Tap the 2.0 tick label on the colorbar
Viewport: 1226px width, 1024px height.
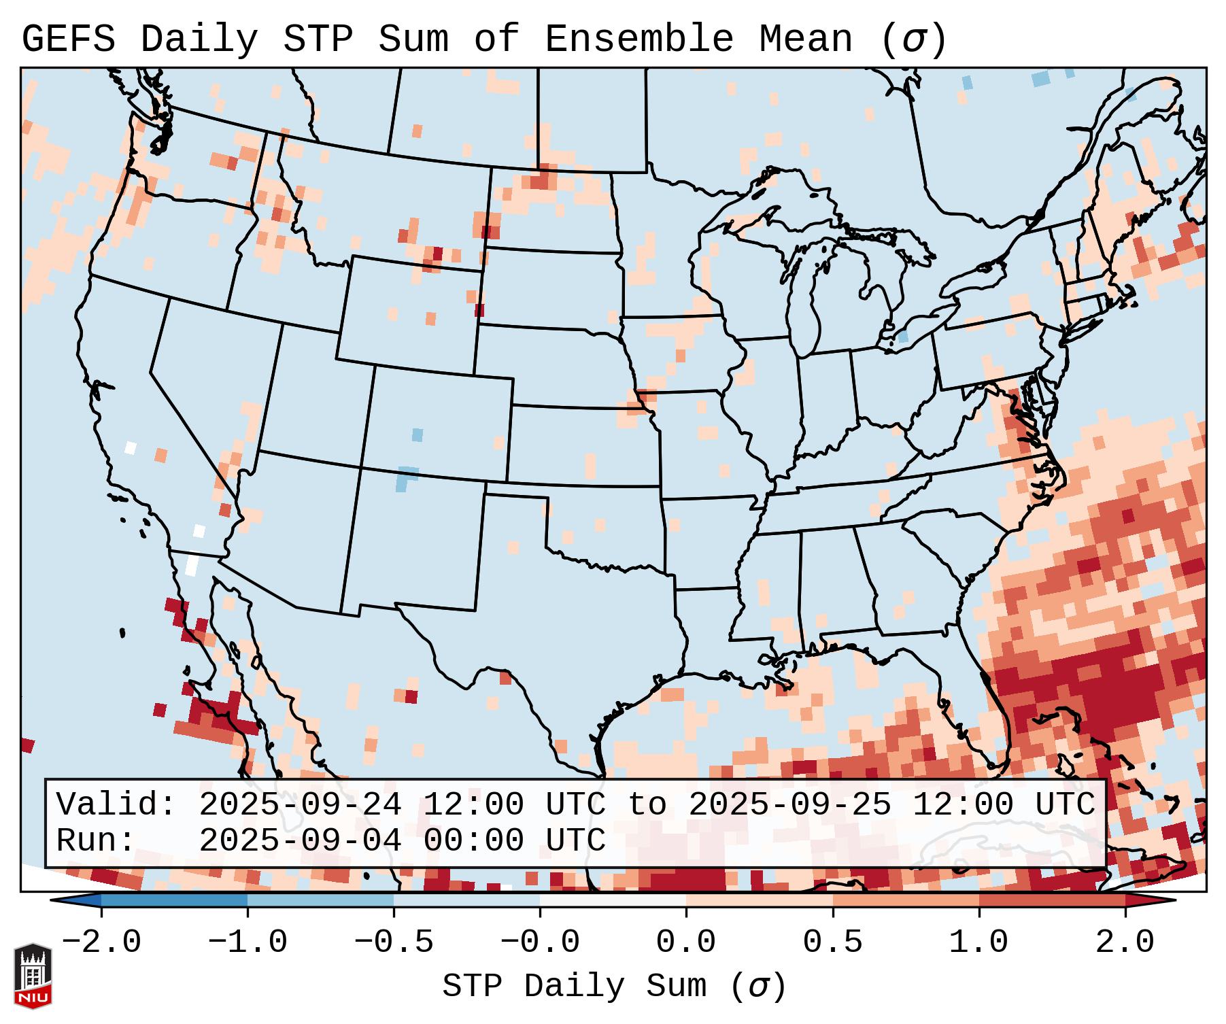pyautogui.click(x=1125, y=942)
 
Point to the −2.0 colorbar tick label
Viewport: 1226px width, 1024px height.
pyautogui.click(x=101, y=942)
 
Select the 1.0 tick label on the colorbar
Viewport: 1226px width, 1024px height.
pyautogui.click(x=978, y=942)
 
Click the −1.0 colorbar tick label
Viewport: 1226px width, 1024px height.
pyautogui.click(x=248, y=942)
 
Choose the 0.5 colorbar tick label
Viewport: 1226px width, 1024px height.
pyautogui.click(x=832, y=942)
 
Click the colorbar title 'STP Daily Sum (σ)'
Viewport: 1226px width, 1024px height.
pyautogui.click(x=613, y=987)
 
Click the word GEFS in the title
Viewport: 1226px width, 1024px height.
pyautogui.click(x=68, y=39)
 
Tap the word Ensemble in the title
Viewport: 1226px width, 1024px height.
pyautogui.click(x=638, y=39)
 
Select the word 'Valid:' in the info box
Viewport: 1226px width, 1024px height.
pyautogui.click(x=116, y=804)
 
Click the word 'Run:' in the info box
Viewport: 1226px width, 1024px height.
pyautogui.click(x=97, y=840)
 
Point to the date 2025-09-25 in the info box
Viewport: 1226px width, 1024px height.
pyautogui.click(x=789, y=804)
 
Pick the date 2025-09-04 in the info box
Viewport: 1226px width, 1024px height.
pyautogui.click(x=300, y=840)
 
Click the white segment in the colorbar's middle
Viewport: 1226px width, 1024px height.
pyautogui.click(x=613, y=900)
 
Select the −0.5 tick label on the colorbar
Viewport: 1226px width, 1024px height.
pyautogui.click(x=394, y=942)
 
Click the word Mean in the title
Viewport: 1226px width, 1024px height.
pyautogui.click(x=805, y=39)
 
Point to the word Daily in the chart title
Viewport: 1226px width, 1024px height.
pyautogui.click(x=199, y=39)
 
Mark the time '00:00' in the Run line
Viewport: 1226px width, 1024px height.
pyautogui.click(x=473, y=840)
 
